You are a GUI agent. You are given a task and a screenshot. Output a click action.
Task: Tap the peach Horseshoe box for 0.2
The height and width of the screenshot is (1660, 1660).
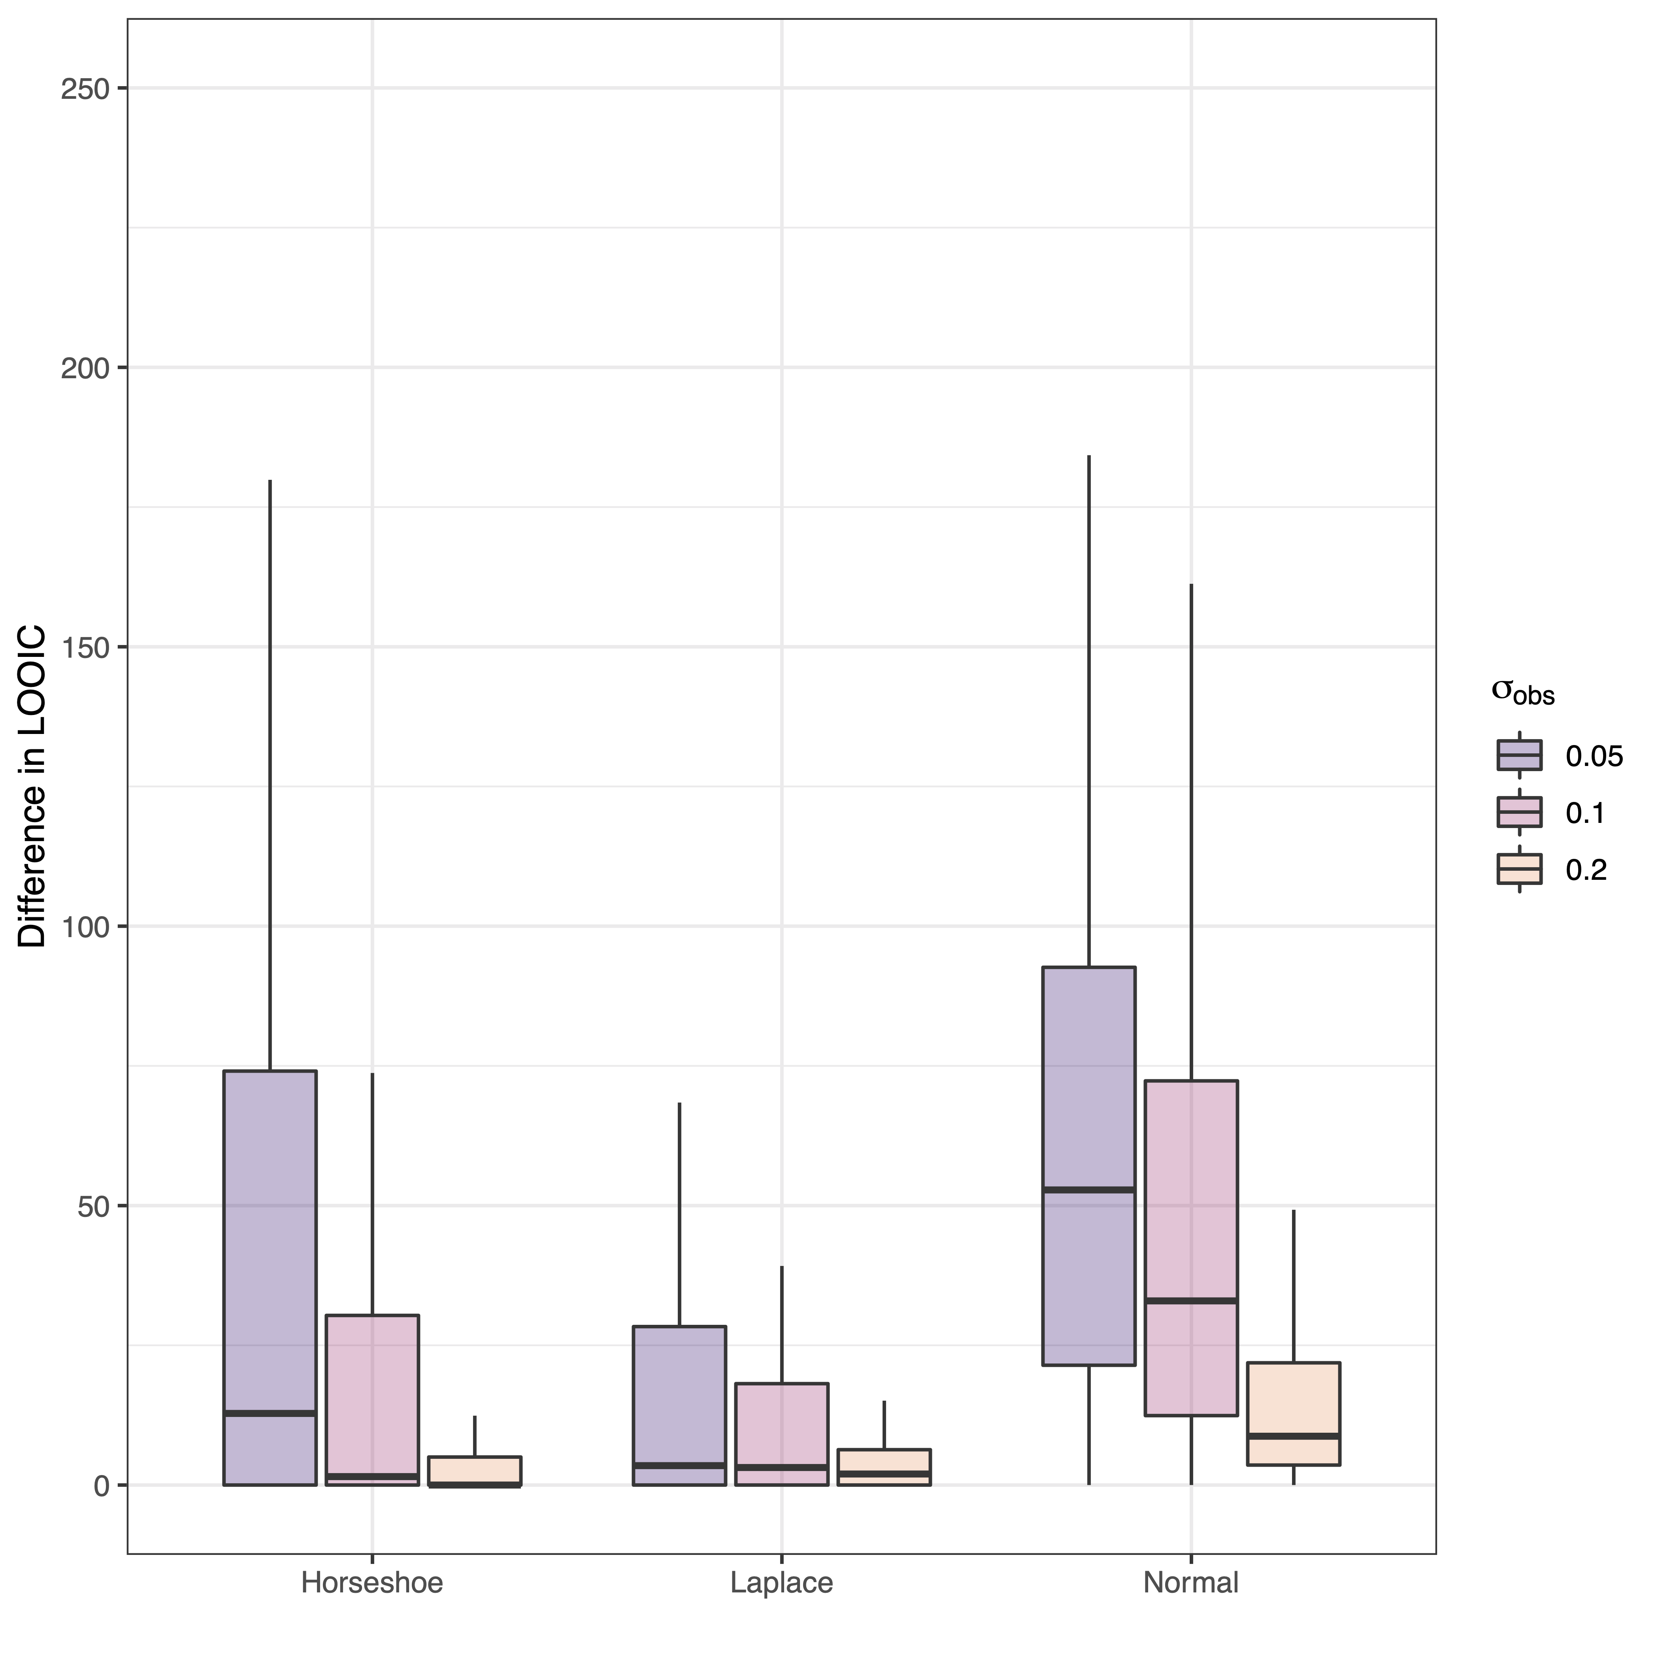(x=474, y=1469)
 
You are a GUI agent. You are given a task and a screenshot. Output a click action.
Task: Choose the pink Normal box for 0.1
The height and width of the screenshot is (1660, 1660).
(x=1191, y=1246)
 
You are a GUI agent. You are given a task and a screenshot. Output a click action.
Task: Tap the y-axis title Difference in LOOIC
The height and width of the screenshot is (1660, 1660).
(x=33, y=786)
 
